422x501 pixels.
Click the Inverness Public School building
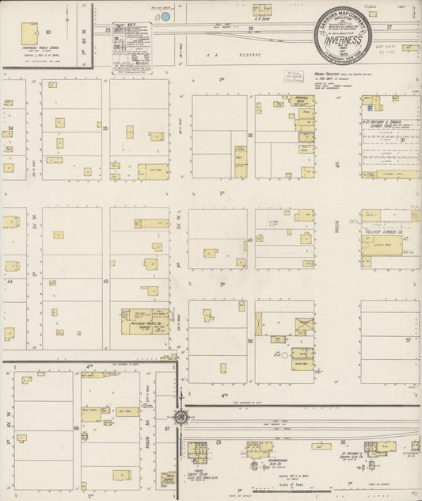30,33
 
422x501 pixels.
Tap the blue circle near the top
166,15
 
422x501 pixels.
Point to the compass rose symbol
181,415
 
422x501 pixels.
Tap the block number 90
48,32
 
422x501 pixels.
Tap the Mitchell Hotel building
302,102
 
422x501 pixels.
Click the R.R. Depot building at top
262,10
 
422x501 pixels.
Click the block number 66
76,427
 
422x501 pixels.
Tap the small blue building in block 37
370,101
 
